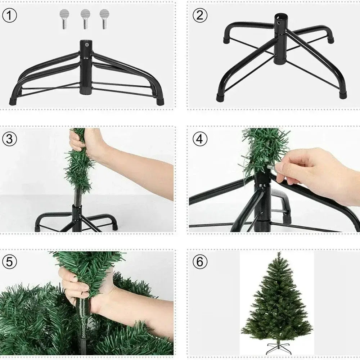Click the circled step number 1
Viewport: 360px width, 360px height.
tap(9, 15)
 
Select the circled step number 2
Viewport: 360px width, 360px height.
tap(200, 15)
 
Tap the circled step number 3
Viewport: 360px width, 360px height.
tap(9, 139)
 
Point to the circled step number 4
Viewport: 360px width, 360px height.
tap(200, 139)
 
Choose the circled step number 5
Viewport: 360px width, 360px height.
tap(9, 261)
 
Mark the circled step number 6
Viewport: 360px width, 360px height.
tap(200, 261)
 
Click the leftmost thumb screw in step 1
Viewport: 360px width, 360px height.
tap(64, 19)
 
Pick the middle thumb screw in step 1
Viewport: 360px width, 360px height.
tap(85, 19)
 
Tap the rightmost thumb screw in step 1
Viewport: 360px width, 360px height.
tap(104, 19)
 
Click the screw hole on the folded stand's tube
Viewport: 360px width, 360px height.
tap(86, 45)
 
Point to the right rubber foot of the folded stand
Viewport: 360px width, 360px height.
tap(160, 101)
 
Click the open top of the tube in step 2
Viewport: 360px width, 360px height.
tap(280, 16)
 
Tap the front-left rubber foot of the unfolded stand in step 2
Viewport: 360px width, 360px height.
tap(220, 98)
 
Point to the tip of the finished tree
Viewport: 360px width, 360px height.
tap(279, 252)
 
